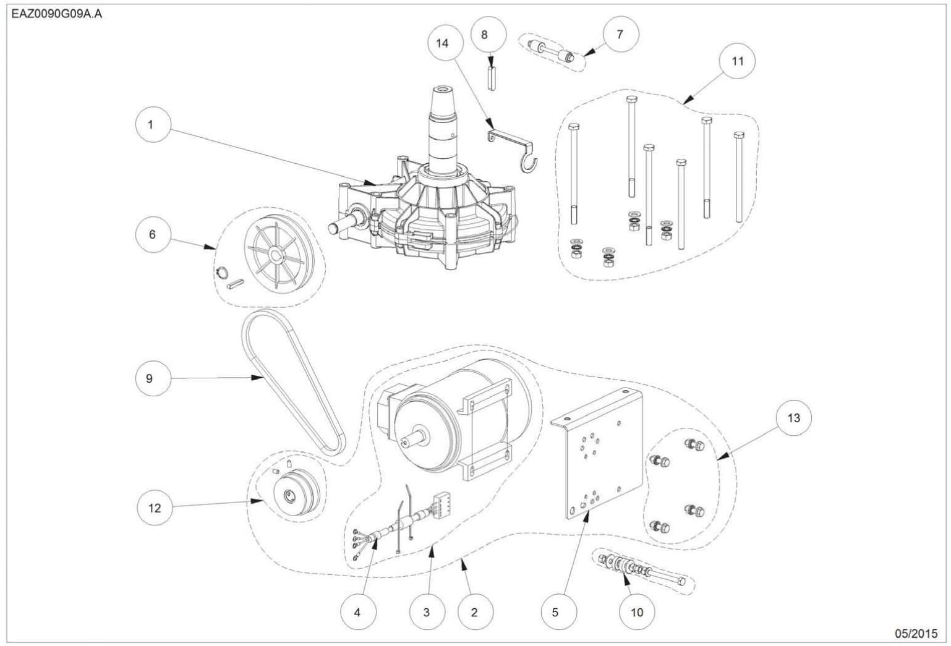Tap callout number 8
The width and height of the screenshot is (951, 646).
coord(488,34)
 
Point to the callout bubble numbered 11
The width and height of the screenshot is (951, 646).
coord(737,61)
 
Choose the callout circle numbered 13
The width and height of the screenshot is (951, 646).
coord(793,418)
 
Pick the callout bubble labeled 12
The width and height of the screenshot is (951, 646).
coord(155,508)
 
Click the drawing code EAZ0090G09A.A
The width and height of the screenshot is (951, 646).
coord(56,14)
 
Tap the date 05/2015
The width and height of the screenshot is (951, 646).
coord(916,634)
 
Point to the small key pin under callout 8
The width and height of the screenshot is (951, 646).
coord(492,79)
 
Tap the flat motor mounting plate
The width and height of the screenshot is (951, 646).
coord(602,455)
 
